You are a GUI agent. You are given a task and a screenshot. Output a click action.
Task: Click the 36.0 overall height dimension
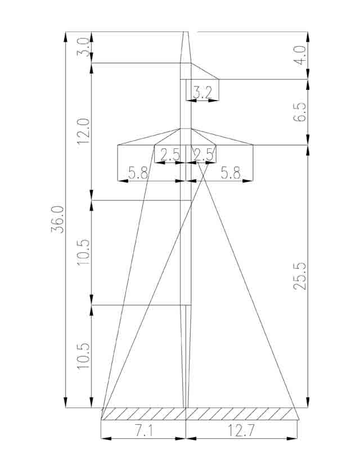[x=57, y=220]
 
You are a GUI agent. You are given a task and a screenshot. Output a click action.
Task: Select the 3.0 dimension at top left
[x=83, y=47]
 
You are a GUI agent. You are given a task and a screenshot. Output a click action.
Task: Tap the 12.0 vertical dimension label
[x=83, y=131]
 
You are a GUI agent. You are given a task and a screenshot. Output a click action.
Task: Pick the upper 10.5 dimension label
[x=83, y=252]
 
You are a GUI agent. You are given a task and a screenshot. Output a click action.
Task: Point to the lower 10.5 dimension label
[x=83, y=356]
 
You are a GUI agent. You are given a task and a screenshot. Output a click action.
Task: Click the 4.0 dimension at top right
[x=300, y=55]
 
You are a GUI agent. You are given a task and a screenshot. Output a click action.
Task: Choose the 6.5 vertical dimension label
[x=300, y=112]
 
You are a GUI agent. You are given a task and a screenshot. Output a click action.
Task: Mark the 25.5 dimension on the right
[x=300, y=276]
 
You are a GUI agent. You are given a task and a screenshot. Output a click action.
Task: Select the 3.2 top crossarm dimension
[x=202, y=93]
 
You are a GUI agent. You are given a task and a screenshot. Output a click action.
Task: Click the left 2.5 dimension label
[x=170, y=155]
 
